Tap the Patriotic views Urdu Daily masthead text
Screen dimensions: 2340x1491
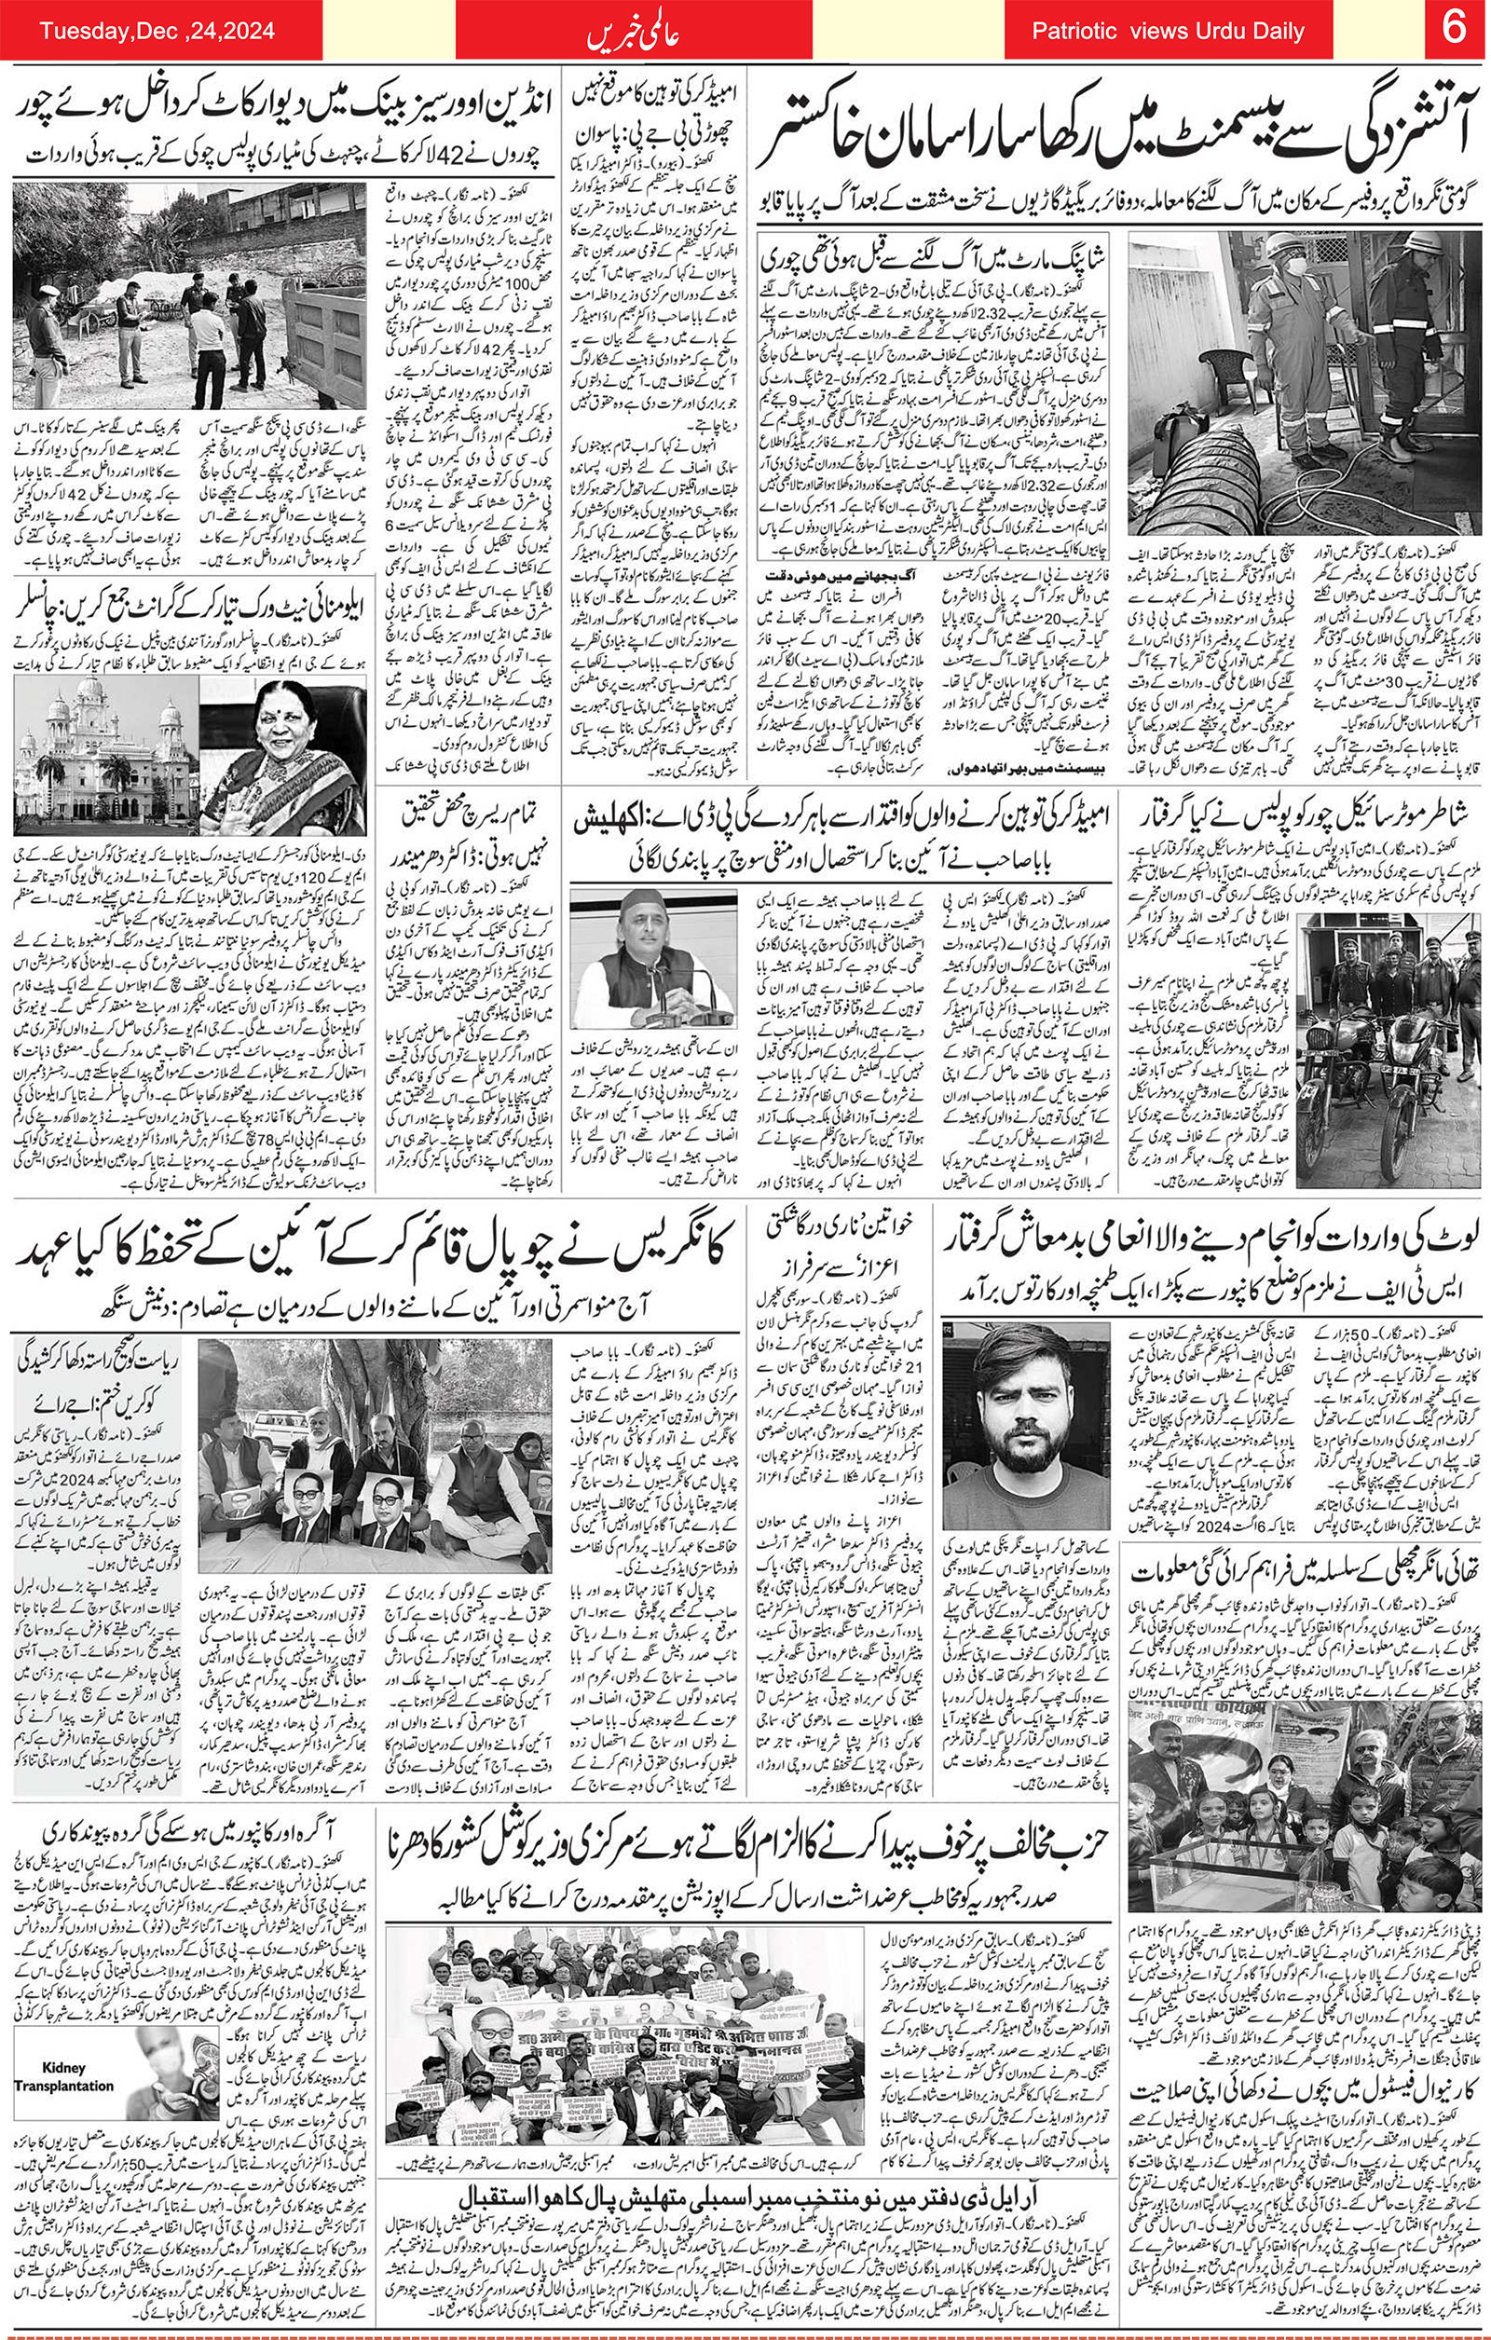pyautogui.click(x=1168, y=31)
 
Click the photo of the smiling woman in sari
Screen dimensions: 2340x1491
pyautogui.click(x=281, y=755)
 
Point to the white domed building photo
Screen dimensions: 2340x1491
pyautogui.click(x=106, y=755)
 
